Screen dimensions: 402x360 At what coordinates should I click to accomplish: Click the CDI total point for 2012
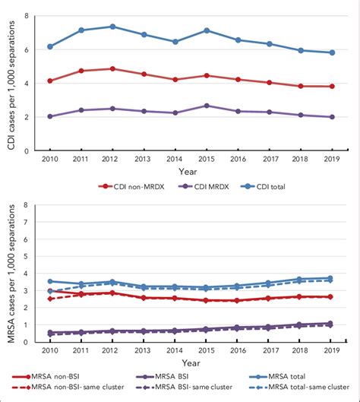pos(112,27)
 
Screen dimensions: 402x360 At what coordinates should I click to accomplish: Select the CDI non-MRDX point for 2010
pos(50,81)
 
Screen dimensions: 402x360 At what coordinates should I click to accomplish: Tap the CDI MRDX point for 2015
pos(207,106)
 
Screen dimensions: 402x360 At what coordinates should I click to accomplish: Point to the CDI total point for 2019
pos(331,52)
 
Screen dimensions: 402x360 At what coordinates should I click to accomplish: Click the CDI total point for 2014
pos(175,42)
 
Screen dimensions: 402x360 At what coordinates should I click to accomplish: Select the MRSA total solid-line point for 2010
pos(50,281)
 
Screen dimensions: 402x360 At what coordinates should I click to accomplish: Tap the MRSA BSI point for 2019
pos(331,323)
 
